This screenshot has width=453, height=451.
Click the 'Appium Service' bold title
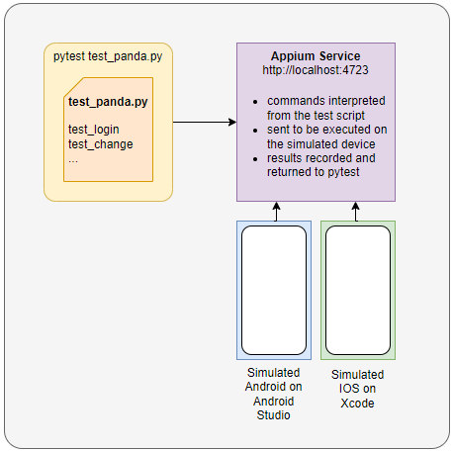coord(316,56)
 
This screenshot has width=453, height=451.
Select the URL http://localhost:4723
coord(316,71)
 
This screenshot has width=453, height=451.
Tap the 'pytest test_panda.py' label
coord(108,57)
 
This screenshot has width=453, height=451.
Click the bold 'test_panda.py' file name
coord(109,102)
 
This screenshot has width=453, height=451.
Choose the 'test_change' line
coord(100,144)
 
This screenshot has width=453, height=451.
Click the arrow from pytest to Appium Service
coord(204,123)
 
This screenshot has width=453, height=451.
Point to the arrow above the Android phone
coord(276,211)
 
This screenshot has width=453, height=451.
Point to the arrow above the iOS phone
coord(357,211)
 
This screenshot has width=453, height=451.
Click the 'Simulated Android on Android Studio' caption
coord(275,393)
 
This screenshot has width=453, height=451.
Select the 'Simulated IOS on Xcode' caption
coord(357,389)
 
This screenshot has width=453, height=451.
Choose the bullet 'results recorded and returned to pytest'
coord(321,164)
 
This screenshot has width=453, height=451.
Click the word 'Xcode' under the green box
coord(357,403)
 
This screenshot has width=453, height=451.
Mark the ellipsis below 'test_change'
coord(73,158)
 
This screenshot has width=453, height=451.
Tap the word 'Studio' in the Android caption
coord(275,414)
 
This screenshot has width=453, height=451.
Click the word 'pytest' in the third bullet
coord(345,171)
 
